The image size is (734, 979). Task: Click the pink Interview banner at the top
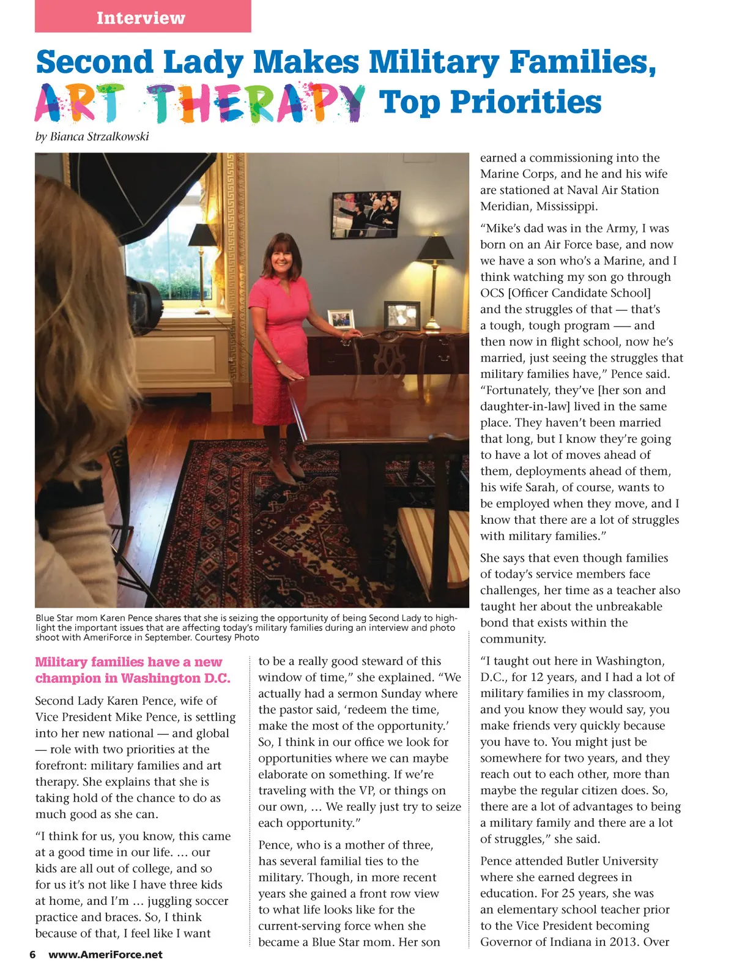(x=143, y=17)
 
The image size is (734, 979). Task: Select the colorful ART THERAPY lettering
(x=199, y=103)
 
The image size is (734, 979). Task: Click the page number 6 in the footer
(x=32, y=955)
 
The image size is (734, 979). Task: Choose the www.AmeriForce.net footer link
(x=105, y=955)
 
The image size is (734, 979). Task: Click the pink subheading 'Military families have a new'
(x=128, y=662)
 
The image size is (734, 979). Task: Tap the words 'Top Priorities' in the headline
(x=490, y=102)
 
